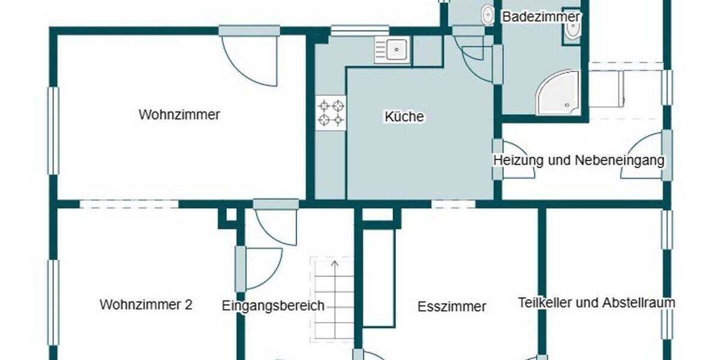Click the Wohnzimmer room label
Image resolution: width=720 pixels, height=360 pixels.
(x=179, y=115)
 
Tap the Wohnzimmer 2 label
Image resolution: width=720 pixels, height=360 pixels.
(x=146, y=304)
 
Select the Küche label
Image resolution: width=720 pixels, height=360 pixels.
(x=404, y=116)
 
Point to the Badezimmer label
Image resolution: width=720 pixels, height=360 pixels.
(x=541, y=17)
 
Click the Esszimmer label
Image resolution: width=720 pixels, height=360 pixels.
(x=452, y=307)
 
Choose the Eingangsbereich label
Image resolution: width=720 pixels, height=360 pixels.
(x=273, y=305)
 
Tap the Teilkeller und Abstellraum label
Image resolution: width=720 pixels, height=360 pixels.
(x=596, y=302)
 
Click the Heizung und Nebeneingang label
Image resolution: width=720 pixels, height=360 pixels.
(x=579, y=160)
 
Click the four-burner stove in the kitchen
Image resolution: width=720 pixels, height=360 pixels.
(x=331, y=113)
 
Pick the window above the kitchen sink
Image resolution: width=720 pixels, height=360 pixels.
(x=360, y=30)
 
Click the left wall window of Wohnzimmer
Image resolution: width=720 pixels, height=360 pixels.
(x=53, y=131)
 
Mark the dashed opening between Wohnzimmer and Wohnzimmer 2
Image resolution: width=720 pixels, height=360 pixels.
(x=129, y=204)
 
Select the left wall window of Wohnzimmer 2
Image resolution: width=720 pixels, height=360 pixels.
(x=53, y=303)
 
